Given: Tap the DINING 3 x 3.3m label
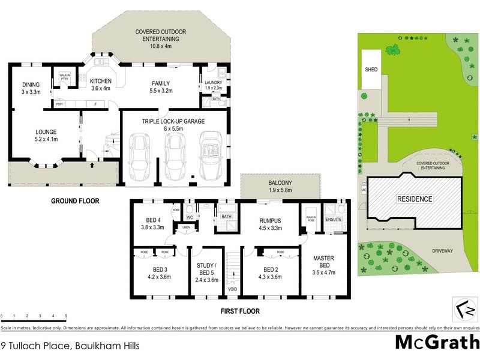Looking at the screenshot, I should pyautogui.click(x=31, y=88).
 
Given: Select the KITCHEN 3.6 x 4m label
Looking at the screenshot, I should pyautogui.click(x=101, y=85).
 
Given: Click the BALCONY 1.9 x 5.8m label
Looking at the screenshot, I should pyautogui.click(x=279, y=186).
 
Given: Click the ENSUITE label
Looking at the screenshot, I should pyautogui.click(x=333, y=220).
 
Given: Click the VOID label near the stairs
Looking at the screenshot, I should pyautogui.click(x=232, y=290).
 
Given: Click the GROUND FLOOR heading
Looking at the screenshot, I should pyautogui.click(x=75, y=201).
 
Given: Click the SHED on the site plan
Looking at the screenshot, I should pyautogui.click(x=371, y=70).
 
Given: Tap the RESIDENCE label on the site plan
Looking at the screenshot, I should pyautogui.click(x=413, y=199).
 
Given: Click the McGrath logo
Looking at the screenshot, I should pyautogui.click(x=437, y=342).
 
